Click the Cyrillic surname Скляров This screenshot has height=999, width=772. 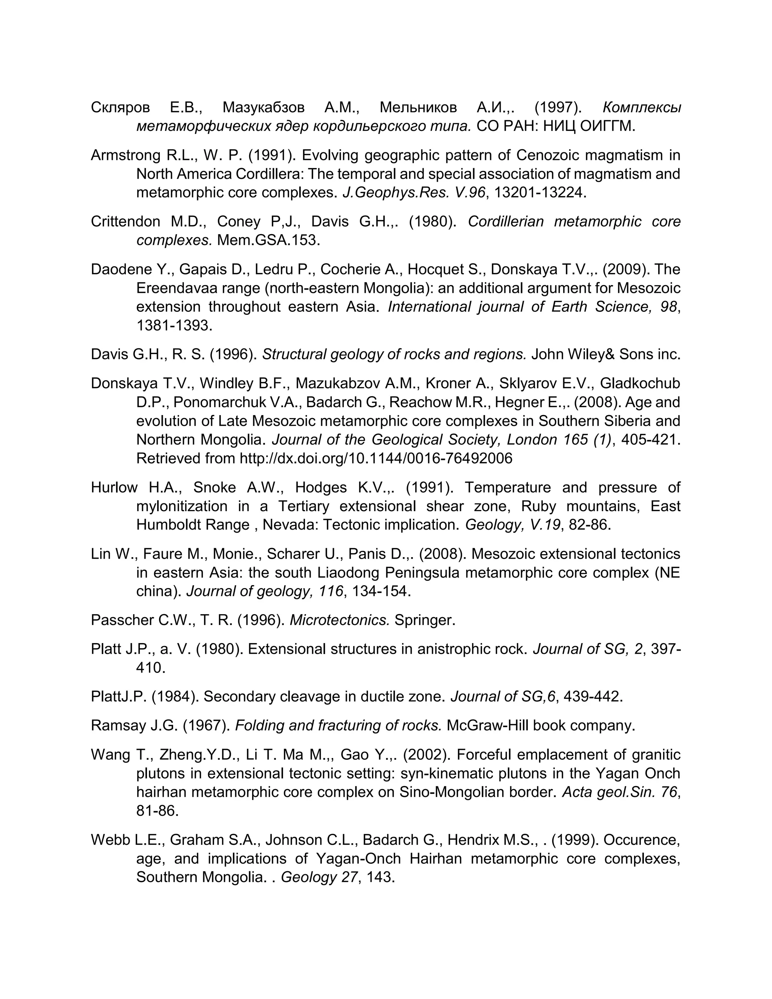[x=120, y=107]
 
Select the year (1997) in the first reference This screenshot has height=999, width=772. [x=558, y=107]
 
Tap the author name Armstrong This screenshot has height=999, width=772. [x=125, y=156]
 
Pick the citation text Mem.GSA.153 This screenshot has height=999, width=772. [x=268, y=240]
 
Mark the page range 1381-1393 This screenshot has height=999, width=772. [x=174, y=326]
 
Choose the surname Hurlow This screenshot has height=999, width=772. [x=114, y=487]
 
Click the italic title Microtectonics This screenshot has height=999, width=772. [x=340, y=620]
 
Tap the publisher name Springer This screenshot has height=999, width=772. [x=425, y=620]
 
